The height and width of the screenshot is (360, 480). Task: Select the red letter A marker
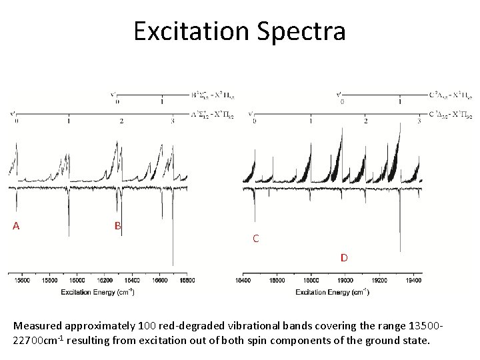click(x=16, y=225)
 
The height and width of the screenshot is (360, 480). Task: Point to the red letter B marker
click(x=117, y=225)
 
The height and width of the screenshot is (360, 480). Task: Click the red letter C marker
click(x=255, y=238)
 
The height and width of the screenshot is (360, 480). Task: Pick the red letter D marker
click(x=344, y=257)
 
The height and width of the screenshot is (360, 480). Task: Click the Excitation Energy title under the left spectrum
click(x=97, y=292)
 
